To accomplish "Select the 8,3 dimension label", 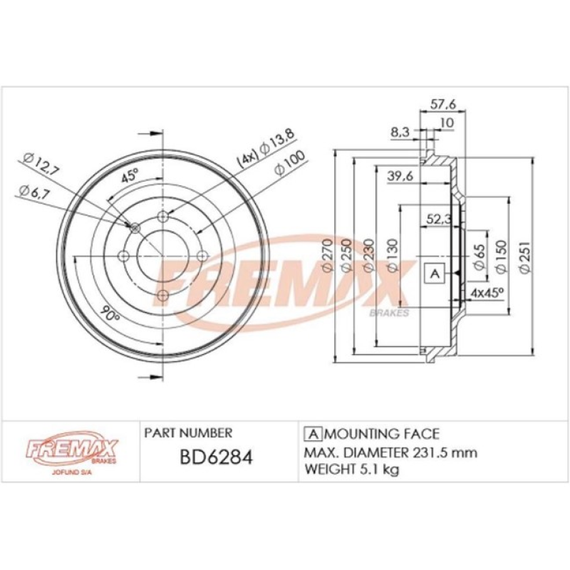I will coord(400,131).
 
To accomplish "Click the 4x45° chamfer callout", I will coord(487,292).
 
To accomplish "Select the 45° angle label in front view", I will coord(130,177).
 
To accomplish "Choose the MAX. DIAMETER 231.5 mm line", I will coord(390,452).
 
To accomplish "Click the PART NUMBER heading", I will coord(188,432).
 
